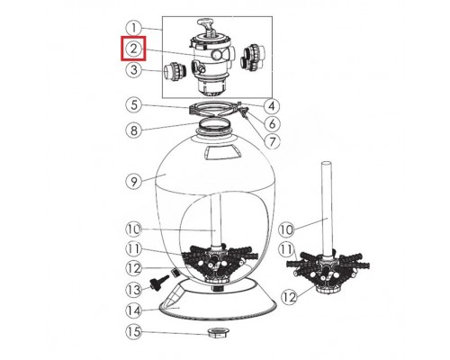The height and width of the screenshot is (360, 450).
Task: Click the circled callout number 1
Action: pyautogui.click(x=133, y=27)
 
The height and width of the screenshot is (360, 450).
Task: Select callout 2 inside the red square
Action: pyautogui.click(x=133, y=49)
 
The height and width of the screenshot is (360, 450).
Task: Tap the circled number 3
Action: pyautogui.click(x=133, y=69)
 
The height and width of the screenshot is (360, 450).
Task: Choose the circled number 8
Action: pyautogui.click(x=133, y=130)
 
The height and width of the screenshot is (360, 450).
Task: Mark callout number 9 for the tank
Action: pyautogui.click(x=133, y=181)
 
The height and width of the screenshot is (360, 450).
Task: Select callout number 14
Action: pyautogui.click(x=134, y=311)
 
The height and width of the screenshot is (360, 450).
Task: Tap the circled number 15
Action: pyautogui.click(x=134, y=333)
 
